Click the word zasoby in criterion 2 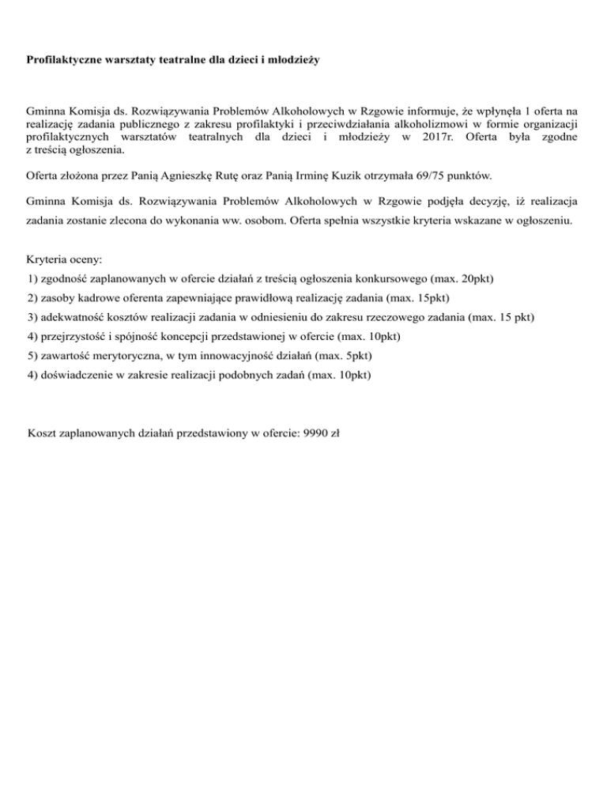pyautogui.click(x=56, y=298)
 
